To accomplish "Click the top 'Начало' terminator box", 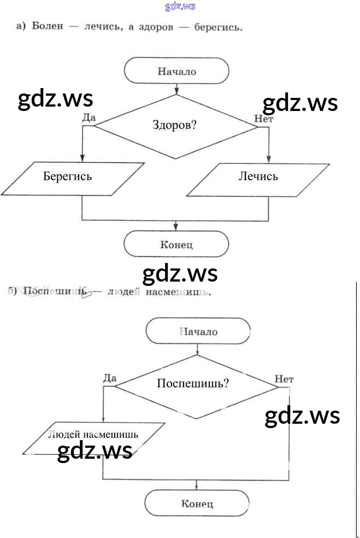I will (x=176, y=71).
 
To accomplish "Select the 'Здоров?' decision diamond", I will (x=175, y=126).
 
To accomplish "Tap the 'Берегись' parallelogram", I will (x=68, y=177).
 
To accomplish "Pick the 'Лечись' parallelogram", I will (x=258, y=177).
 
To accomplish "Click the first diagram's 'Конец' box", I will (x=176, y=244).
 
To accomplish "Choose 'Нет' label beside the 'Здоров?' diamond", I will (x=263, y=118).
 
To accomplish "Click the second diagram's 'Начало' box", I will (x=198, y=331).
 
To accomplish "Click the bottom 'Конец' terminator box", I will (x=197, y=504).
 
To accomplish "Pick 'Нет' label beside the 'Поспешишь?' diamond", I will (x=285, y=378).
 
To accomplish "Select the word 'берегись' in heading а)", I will (x=219, y=26).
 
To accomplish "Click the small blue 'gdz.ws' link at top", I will (x=180, y=7).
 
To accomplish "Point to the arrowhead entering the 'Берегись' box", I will (x=82, y=159).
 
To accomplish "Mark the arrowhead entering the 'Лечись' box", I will (x=268, y=159).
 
